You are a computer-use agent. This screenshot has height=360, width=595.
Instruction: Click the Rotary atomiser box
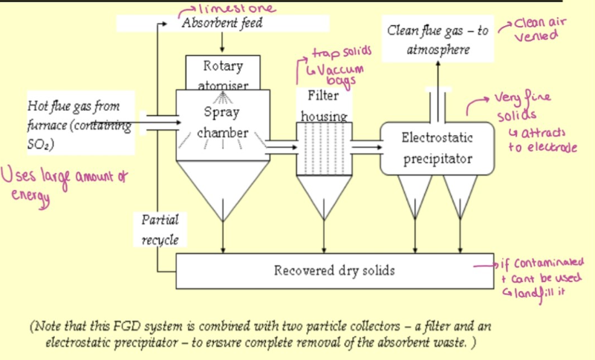pos(223,72)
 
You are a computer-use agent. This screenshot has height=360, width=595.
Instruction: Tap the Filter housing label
pos(323,106)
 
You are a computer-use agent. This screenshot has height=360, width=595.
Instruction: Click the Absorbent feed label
pos(222,23)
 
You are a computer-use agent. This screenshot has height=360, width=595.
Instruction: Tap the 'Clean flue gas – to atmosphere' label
pos(438,40)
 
